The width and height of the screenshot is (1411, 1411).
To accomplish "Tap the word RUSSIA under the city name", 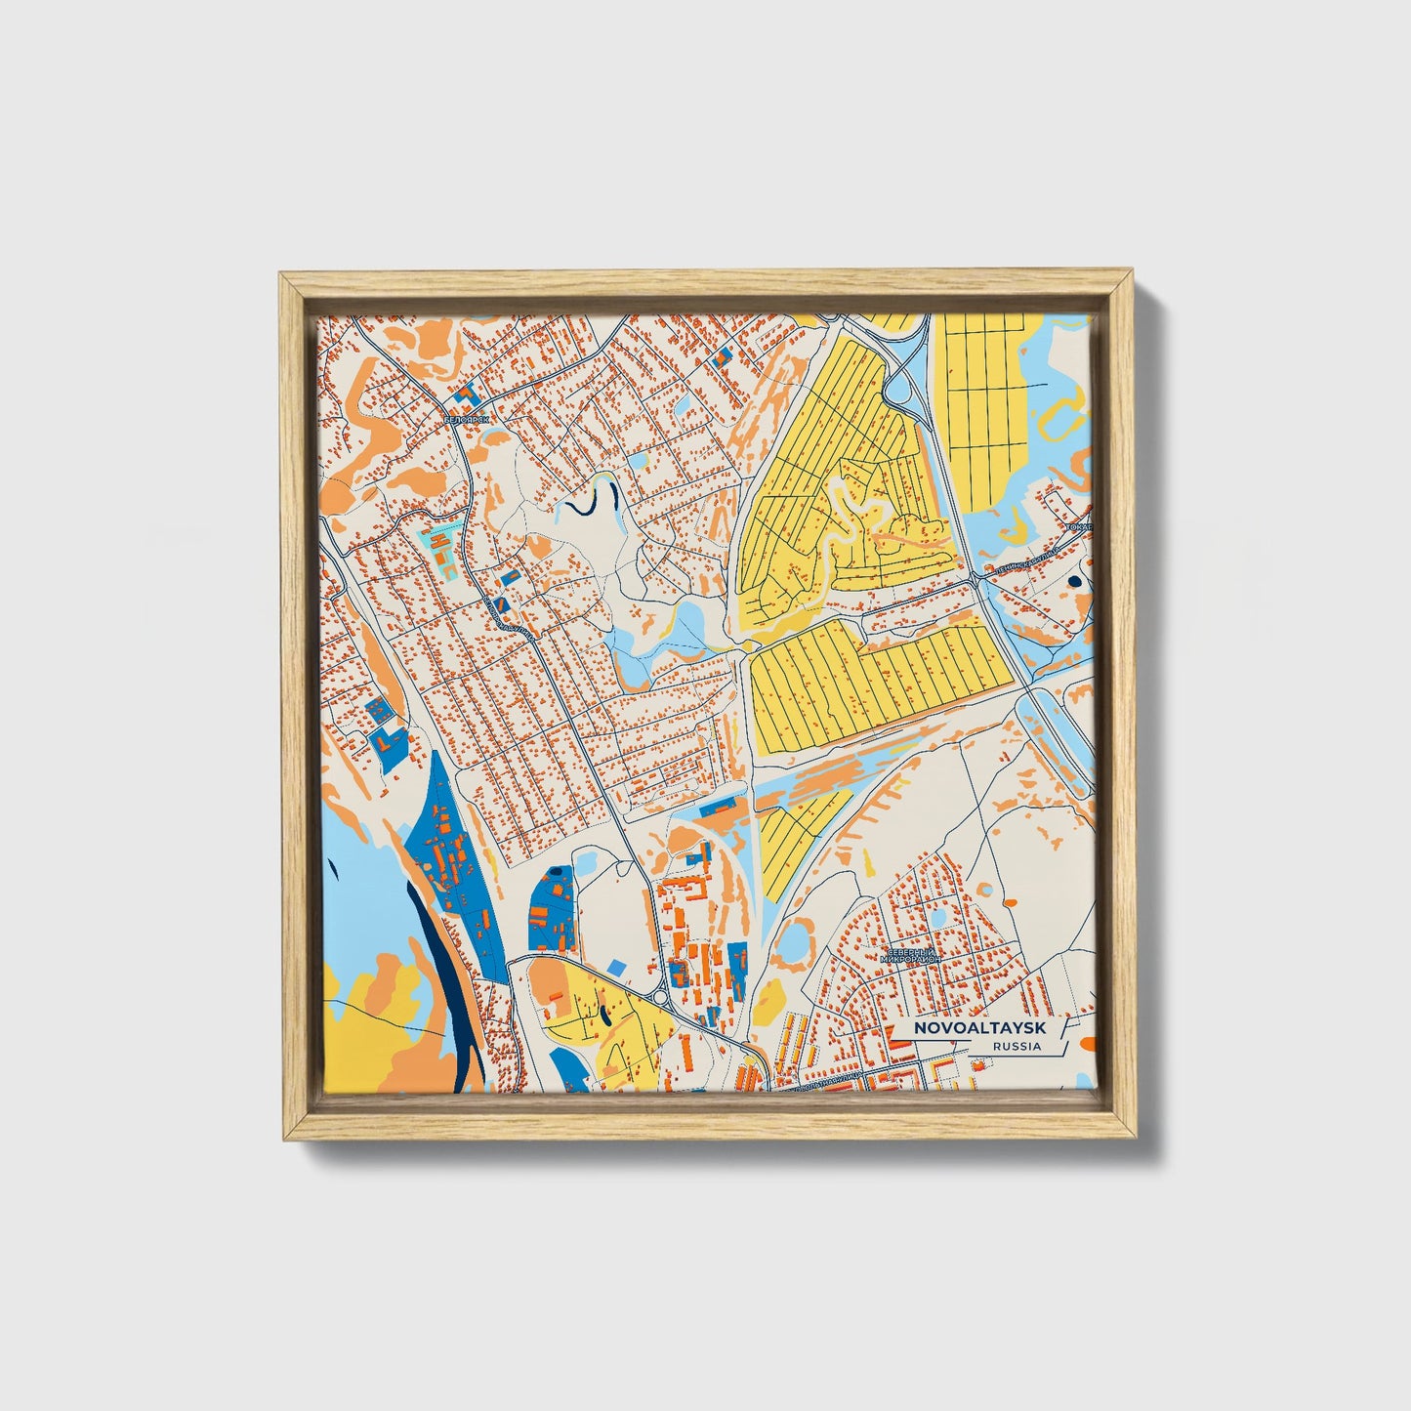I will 1016,1047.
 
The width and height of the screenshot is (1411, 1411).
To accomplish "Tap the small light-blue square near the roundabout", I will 615,966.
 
